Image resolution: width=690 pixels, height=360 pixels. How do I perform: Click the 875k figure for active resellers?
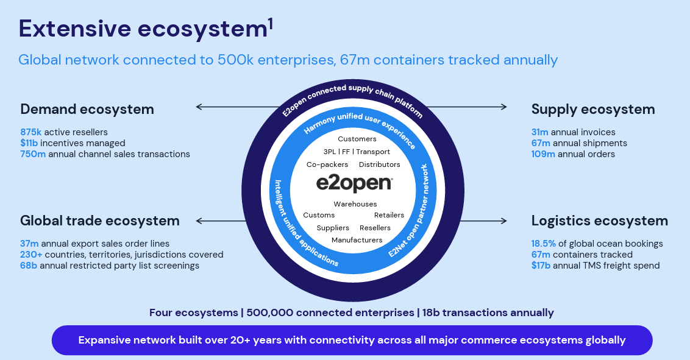[x=31, y=132]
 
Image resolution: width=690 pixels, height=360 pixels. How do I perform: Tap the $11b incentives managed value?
[x=29, y=143]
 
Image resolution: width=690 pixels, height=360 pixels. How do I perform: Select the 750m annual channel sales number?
[x=33, y=154]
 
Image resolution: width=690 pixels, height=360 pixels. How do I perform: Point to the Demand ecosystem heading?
[x=87, y=110]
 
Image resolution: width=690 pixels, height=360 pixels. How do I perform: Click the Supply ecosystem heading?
[x=593, y=110]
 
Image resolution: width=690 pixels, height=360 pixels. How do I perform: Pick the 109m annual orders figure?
[x=543, y=154]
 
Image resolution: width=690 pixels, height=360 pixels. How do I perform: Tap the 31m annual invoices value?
[x=540, y=132]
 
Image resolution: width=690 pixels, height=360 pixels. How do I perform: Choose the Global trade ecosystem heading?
[x=100, y=221]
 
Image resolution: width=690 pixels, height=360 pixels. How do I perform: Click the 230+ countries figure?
[x=31, y=255]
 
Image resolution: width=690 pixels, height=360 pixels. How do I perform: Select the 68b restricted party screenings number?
[x=29, y=266]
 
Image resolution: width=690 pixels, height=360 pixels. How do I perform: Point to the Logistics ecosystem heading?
[x=600, y=221]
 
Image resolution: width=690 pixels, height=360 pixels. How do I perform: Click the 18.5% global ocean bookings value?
[x=544, y=244]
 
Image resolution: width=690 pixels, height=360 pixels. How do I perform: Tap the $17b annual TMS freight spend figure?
[x=541, y=266]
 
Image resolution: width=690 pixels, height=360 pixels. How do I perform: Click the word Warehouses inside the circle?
[x=355, y=204]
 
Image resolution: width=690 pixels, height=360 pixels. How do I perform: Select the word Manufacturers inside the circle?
[x=357, y=240]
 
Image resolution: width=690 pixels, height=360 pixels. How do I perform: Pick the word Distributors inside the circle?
[x=379, y=164]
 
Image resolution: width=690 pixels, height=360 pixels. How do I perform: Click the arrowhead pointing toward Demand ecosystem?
[x=199, y=107]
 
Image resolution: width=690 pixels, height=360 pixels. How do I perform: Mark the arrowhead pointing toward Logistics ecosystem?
[x=504, y=221]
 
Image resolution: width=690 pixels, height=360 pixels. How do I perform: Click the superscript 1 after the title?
[x=270, y=24]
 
